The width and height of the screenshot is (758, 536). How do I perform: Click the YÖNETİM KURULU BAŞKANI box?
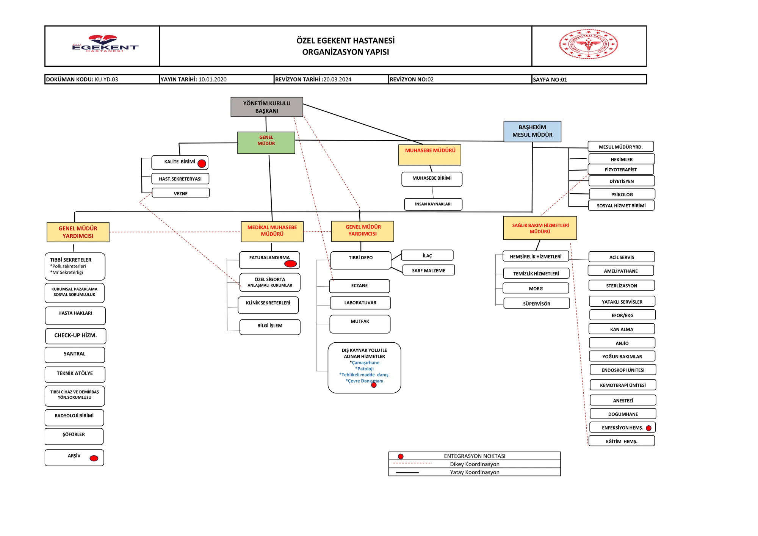(267, 107)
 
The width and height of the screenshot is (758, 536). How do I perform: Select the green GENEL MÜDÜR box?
(266, 143)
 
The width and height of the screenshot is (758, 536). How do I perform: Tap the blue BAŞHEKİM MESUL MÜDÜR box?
(532, 132)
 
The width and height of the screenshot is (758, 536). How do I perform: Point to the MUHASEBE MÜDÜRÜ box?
(430, 155)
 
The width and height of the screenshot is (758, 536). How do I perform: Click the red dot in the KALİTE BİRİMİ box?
(202, 163)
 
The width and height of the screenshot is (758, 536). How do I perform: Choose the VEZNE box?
(181, 193)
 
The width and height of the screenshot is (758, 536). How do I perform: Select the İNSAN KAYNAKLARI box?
(433, 204)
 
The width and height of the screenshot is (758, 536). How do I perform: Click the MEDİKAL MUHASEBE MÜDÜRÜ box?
(272, 231)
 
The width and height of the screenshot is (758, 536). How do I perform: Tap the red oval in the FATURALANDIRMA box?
(290, 263)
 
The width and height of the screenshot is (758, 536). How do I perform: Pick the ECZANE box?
(359, 286)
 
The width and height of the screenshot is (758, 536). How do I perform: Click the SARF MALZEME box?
(428, 270)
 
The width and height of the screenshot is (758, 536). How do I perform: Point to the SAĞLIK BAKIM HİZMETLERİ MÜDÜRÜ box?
(540, 228)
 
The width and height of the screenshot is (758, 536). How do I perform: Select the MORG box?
(536, 288)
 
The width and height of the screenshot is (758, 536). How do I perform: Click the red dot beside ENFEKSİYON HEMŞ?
(648, 428)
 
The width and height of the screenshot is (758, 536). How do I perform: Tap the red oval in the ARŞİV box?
(94, 458)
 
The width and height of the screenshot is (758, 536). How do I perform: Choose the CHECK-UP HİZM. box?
(75, 336)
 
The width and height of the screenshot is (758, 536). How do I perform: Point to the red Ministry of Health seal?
(588, 44)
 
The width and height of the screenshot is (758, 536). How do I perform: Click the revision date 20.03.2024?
(337, 79)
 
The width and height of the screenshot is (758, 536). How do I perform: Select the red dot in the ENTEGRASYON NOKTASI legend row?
(401, 456)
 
